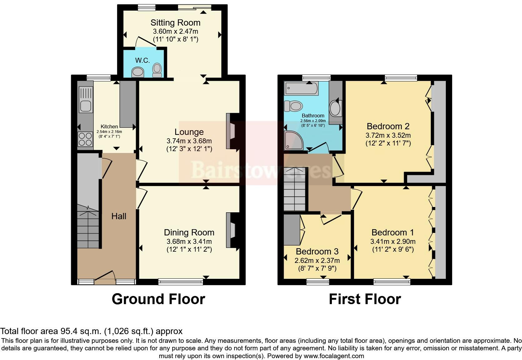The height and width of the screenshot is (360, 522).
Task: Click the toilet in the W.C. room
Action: pyautogui.click(x=157, y=70)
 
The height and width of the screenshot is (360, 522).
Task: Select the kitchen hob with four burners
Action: pyautogui.click(x=85, y=139)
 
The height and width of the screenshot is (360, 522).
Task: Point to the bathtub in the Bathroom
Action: pyautogui.click(x=301, y=88)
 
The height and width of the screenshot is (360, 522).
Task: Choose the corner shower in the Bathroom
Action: pyautogui.click(x=293, y=140)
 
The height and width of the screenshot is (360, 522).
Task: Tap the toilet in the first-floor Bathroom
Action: pyautogui.click(x=293, y=106)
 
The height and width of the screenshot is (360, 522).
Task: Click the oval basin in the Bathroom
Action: pyautogui.click(x=335, y=108)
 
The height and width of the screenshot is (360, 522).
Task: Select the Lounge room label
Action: pyautogui.click(x=189, y=132)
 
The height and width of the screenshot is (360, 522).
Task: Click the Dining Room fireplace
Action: pyautogui.click(x=230, y=230)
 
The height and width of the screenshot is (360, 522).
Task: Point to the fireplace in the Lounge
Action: pyautogui.click(x=230, y=131)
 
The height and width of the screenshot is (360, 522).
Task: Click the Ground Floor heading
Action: pyautogui.click(x=158, y=299)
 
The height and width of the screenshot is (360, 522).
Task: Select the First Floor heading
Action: pyautogui.click(x=365, y=299)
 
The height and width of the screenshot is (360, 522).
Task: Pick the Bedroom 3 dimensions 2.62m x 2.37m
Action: pyautogui.click(x=317, y=260)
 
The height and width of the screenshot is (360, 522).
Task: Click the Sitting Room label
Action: pyautogui.click(x=175, y=22)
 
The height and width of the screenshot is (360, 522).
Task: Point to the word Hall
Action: pyautogui.click(x=119, y=216)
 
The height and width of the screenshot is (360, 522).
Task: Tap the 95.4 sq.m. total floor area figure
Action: pyautogui.click(x=81, y=331)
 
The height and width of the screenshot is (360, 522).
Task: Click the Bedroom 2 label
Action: pyautogui.click(x=388, y=126)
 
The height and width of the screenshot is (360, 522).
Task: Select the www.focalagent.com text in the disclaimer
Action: pyautogui.click(x=334, y=356)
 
